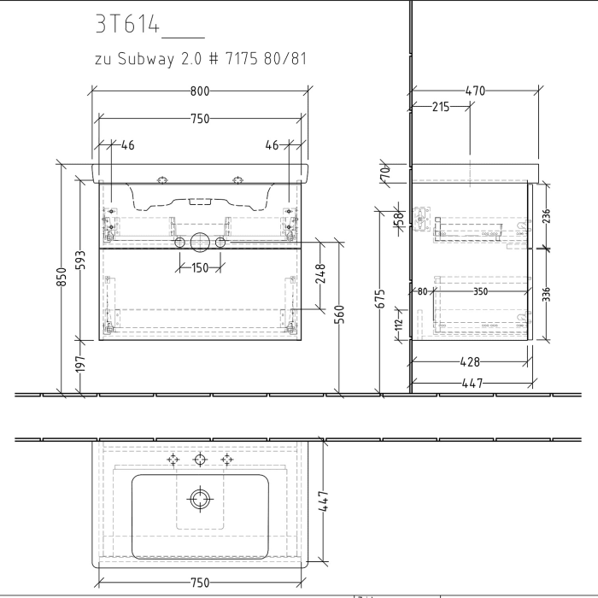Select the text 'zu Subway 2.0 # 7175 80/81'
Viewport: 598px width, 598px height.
point(199,60)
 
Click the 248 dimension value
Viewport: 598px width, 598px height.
point(321,273)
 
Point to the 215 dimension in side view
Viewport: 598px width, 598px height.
point(441,107)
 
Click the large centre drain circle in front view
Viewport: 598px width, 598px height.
point(200,243)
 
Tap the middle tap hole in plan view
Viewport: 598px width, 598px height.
point(200,460)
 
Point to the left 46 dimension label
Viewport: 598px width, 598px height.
point(126,145)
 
